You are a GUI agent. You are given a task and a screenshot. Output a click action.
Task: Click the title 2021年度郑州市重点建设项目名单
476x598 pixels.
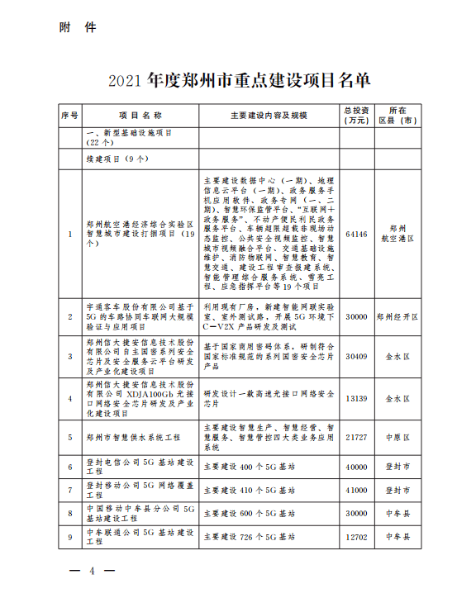(239, 80)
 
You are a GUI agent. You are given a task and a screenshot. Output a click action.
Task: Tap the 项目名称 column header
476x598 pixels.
(140, 116)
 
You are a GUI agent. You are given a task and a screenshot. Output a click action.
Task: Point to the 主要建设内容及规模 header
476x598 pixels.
(269, 116)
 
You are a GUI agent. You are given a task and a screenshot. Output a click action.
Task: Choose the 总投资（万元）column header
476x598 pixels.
(357, 116)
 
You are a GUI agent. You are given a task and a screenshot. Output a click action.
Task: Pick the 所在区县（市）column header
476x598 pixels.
(397, 116)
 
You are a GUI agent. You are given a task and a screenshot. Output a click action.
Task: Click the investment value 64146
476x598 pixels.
(356, 234)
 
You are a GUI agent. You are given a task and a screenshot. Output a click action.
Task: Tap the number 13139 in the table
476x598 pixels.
(356, 398)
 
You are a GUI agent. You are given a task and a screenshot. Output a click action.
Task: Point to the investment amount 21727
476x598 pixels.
(356, 436)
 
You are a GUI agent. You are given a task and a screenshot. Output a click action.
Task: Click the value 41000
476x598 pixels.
(356, 490)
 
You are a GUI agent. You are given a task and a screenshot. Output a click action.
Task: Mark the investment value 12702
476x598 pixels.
(356, 536)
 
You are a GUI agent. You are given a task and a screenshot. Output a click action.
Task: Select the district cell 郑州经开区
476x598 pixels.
(397, 316)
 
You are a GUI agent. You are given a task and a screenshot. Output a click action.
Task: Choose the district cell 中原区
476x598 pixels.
(397, 436)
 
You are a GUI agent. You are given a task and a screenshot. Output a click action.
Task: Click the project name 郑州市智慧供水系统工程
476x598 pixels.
(133, 436)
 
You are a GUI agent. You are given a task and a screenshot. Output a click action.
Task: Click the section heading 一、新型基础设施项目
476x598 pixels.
(131, 132)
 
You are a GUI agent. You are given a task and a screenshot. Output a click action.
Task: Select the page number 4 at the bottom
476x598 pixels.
(93, 571)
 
